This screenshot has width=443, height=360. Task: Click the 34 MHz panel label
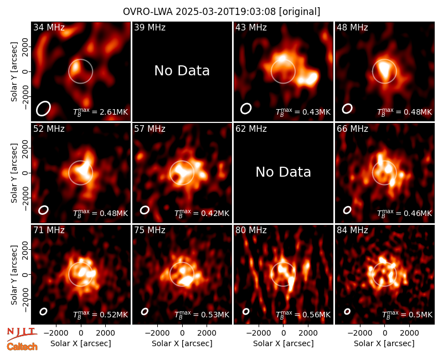click(49, 27)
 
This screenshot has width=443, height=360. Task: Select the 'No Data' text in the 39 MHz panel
click(182, 70)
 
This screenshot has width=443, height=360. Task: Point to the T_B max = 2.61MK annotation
click(101, 112)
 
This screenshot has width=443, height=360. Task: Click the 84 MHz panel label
click(352, 230)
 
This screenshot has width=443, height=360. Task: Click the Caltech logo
click(22, 347)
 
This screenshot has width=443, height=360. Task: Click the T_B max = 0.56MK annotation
click(303, 315)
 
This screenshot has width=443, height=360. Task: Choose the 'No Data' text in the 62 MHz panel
click(283, 172)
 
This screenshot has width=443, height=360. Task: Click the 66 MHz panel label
click(352, 129)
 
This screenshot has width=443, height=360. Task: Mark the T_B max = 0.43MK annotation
click(303, 112)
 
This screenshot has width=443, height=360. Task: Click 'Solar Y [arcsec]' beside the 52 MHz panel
click(14, 173)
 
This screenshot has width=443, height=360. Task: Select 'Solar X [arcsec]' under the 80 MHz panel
click(283, 343)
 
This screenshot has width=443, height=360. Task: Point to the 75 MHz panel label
click(150, 230)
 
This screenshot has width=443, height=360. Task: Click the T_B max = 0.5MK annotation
click(407, 315)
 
